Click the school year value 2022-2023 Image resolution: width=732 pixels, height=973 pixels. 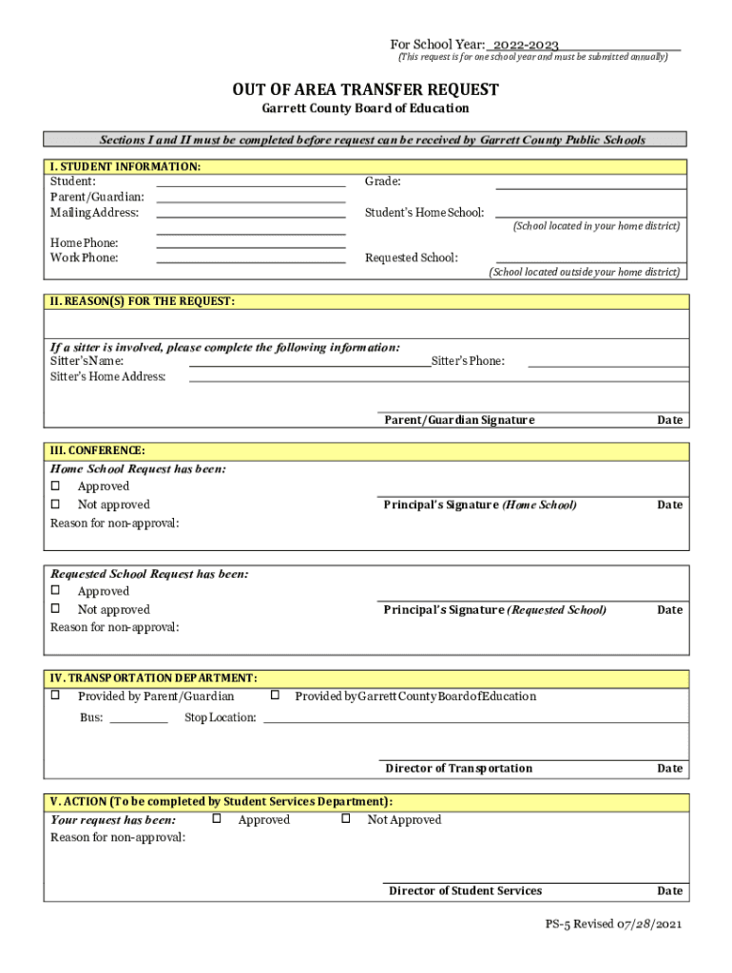coord(526,45)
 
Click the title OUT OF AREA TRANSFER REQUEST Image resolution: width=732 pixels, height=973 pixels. coord(366,89)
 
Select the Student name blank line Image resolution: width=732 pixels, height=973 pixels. coord(250,182)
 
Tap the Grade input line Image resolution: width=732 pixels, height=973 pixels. coord(589,182)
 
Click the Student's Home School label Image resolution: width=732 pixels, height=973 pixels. coord(424,213)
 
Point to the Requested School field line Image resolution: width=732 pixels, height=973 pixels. coord(589,258)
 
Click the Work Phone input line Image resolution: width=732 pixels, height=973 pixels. coord(250,258)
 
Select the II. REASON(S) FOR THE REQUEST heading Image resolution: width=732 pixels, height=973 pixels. coord(143,301)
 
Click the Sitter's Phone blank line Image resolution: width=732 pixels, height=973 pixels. coord(607,362)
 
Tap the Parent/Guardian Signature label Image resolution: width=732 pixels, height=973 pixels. coord(459,420)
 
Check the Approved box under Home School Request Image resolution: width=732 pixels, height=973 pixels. coord(55,487)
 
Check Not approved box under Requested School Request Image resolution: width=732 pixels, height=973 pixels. coord(55,609)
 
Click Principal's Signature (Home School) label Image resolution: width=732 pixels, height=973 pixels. coord(480,506)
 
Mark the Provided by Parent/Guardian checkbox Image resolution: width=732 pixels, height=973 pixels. coord(55,696)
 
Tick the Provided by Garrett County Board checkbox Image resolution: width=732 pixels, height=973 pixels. coord(275,696)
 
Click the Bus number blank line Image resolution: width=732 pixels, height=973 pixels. coord(139,719)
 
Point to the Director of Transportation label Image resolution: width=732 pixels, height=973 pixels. coord(458,768)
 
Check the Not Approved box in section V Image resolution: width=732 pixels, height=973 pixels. coord(347,818)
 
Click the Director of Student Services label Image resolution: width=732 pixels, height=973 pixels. coord(465,890)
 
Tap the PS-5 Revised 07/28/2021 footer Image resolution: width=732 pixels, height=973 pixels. coord(613,925)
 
